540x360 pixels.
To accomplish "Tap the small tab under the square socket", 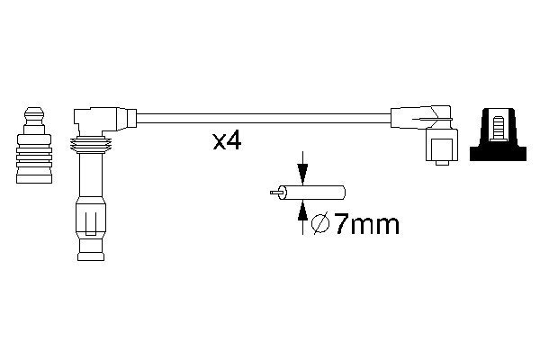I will coord(441,164).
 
